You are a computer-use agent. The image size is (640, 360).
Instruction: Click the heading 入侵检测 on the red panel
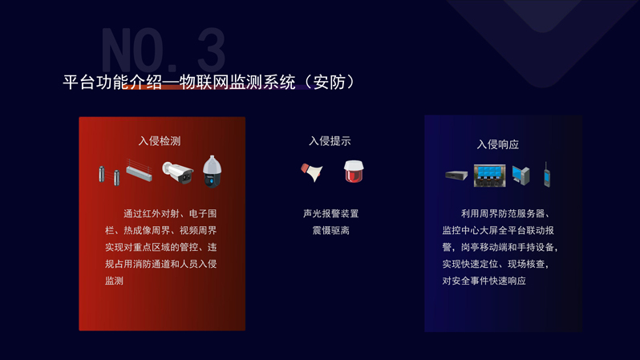160,141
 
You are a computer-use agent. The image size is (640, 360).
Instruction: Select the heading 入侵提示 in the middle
330,141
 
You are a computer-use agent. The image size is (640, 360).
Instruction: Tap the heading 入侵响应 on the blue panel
498,144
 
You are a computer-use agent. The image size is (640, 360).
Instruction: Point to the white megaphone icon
312,172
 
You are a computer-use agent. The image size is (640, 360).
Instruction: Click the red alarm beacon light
354,171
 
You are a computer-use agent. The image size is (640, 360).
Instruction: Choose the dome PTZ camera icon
213,172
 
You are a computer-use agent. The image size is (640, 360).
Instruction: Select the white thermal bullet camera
177,172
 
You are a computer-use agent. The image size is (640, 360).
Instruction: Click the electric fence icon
140,170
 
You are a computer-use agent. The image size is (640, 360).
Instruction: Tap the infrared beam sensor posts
109,176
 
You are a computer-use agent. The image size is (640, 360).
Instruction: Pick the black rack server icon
456,176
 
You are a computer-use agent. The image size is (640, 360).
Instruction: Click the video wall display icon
490,176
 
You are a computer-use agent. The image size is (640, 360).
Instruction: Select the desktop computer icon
521,176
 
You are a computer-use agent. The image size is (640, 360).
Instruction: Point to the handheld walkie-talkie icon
547,175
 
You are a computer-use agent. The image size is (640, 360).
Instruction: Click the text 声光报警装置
330,213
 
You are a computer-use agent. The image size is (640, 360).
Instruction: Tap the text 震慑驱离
330,230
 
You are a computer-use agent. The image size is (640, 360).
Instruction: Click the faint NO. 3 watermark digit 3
212,51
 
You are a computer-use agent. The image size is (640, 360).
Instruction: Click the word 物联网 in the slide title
204,82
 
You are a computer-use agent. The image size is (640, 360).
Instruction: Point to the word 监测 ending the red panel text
114,281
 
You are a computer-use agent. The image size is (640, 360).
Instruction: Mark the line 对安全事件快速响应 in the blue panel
484,281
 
